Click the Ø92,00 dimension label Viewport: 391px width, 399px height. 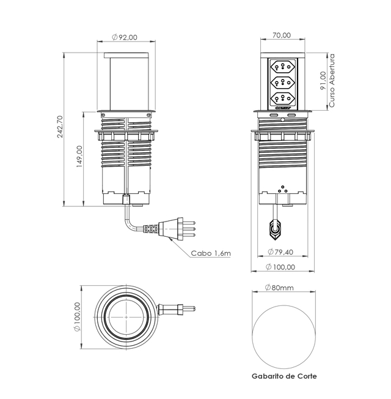(x=125, y=37)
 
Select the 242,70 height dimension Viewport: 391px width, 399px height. (x=60, y=127)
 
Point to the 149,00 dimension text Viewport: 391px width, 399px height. (x=80, y=156)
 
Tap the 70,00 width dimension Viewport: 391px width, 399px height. (x=282, y=35)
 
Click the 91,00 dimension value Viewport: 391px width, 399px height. (x=323, y=80)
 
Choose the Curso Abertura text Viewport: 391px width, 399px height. (x=332, y=80)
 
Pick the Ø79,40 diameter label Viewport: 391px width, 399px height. (x=280, y=252)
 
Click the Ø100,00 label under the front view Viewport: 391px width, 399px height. (x=280, y=267)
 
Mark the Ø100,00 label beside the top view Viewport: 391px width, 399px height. (x=77, y=317)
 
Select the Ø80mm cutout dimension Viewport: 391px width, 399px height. (x=279, y=288)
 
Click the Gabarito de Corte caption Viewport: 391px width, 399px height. (x=284, y=376)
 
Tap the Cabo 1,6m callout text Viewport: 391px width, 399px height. (x=211, y=253)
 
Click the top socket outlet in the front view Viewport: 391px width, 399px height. (x=282, y=67)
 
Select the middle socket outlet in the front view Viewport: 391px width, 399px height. (x=282, y=82)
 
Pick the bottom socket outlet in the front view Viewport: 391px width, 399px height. (x=282, y=97)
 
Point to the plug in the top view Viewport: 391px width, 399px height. (x=177, y=309)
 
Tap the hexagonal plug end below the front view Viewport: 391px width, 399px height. (x=275, y=229)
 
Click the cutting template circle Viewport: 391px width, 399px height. (x=284, y=337)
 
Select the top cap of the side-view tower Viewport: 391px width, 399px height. (x=126, y=55)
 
